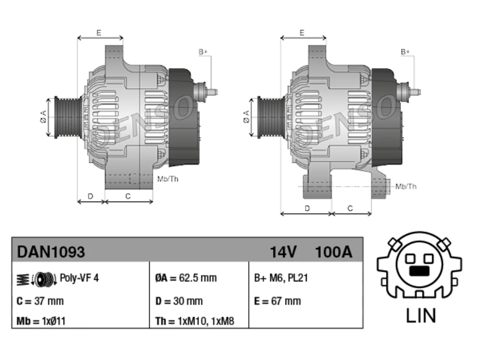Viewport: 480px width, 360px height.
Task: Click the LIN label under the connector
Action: pyautogui.click(x=421, y=316)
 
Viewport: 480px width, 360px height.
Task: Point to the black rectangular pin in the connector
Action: pyautogui.click(x=419, y=271)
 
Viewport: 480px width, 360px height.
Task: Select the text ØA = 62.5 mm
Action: pyautogui.click(x=186, y=278)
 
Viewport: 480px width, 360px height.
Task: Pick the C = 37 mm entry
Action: pyautogui.click(x=40, y=301)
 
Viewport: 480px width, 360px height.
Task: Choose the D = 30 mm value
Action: pyautogui.click(x=179, y=301)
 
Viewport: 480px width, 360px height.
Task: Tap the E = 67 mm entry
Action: pyautogui.click(x=277, y=301)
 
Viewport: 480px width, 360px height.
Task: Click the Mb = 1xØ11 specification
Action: pyautogui.click(x=41, y=321)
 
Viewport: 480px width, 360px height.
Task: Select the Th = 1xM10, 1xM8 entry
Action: pyautogui.click(x=195, y=321)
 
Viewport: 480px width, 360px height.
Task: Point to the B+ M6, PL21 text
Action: pyautogui.click(x=281, y=278)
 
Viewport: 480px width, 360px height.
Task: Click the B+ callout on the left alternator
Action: pyautogui.click(x=203, y=52)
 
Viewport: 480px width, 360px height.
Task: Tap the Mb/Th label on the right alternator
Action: pyautogui.click(x=406, y=186)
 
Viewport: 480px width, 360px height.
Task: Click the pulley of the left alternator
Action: pyautogui.click(x=68, y=117)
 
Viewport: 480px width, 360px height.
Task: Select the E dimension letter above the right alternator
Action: pyautogui.click(x=302, y=33)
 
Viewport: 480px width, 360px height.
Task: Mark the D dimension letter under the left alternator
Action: pyautogui.click(x=90, y=196)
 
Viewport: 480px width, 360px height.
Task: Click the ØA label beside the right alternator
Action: pyautogui.click(x=246, y=117)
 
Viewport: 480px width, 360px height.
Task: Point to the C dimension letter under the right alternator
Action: pyautogui.click(x=350, y=208)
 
